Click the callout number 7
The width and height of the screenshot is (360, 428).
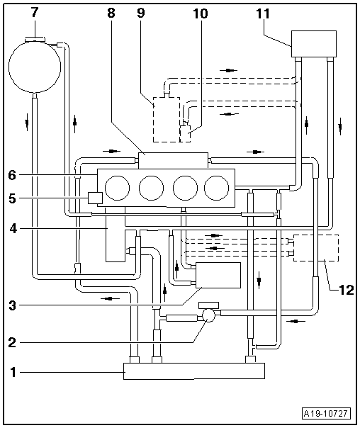35,13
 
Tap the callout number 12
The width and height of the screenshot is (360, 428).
346,290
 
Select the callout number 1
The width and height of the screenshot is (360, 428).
13,372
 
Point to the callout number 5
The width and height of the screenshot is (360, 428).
12,198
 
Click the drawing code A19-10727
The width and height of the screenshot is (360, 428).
326,414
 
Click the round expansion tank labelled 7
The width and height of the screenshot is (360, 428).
35,67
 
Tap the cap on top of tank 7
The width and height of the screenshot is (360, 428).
35,39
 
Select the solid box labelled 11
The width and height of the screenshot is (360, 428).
314,44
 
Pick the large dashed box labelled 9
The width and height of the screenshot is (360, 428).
167,120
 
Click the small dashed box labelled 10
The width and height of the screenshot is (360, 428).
186,134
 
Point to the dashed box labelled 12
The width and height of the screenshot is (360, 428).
316,248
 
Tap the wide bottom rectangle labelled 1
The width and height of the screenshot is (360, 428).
194,371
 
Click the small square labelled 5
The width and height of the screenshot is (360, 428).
95,198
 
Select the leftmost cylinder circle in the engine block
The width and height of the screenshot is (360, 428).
117,188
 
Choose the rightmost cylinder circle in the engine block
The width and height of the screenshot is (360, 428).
217,188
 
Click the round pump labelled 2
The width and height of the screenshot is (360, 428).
209,315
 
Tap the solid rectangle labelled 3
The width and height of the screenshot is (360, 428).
218,275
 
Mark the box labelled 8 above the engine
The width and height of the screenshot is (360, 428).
174,160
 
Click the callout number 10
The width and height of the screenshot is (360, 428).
201,13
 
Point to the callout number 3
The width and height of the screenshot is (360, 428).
12,305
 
